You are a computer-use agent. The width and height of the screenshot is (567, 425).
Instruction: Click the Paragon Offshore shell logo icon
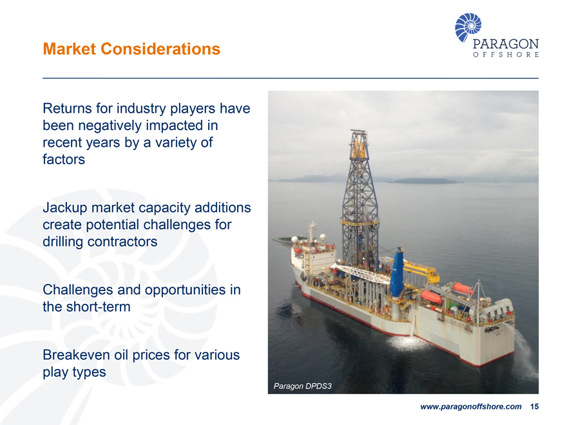click(x=468, y=27)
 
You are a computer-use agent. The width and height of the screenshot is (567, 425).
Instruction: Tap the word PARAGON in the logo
click(x=506, y=44)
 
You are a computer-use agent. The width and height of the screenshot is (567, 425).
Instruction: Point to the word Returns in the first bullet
click(x=68, y=108)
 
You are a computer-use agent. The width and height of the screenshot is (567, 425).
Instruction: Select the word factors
click(x=63, y=158)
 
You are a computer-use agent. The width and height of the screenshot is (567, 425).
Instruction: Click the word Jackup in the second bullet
click(x=65, y=208)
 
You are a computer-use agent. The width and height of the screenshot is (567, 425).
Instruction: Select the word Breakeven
click(x=76, y=355)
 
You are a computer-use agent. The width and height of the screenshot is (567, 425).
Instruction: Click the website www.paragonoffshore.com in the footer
click(x=470, y=407)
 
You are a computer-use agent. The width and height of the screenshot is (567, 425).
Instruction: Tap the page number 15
click(x=533, y=407)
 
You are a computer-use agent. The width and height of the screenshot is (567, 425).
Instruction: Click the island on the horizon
click(x=425, y=181)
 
